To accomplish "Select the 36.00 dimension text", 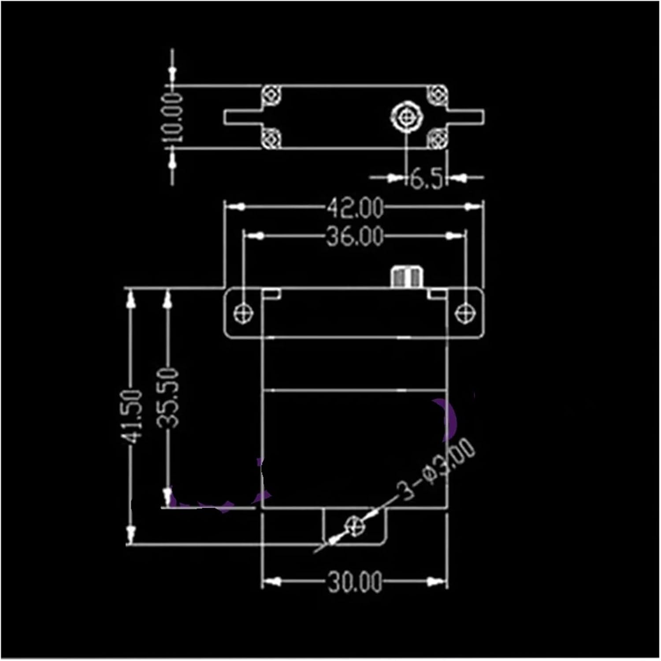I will click(355, 237).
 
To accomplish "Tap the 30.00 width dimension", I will click(355, 582).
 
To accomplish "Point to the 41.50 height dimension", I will click(132, 416).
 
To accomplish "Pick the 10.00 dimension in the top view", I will click(172, 117).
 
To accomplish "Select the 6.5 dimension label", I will click(426, 178).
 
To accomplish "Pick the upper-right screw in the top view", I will click(438, 95).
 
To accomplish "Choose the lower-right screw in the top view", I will click(438, 138).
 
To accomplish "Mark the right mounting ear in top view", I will click(466, 117).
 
